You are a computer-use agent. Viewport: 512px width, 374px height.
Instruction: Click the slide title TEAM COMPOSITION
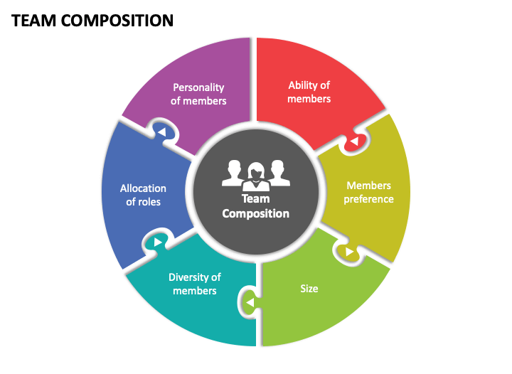(x=92, y=21)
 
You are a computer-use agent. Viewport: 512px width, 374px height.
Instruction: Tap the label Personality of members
(x=198, y=94)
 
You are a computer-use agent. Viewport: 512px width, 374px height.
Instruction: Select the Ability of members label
(x=309, y=92)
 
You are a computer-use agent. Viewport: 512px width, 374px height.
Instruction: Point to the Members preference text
(x=368, y=192)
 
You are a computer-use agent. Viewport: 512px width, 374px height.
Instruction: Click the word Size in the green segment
(x=309, y=289)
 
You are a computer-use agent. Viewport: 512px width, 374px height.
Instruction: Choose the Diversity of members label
(x=195, y=284)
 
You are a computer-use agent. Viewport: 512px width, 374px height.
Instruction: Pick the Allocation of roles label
(x=143, y=195)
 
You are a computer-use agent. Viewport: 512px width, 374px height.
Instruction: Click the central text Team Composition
(x=256, y=206)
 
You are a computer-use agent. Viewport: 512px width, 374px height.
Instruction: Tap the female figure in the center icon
(x=256, y=176)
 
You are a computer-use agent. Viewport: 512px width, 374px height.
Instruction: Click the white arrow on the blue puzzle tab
(x=162, y=132)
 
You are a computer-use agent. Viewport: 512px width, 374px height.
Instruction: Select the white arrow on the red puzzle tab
(x=354, y=141)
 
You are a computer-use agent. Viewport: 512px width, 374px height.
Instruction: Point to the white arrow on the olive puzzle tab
(x=350, y=252)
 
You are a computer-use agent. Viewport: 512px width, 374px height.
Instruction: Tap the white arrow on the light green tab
(x=250, y=302)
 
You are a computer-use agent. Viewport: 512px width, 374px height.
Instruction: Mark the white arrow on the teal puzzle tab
(x=158, y=242)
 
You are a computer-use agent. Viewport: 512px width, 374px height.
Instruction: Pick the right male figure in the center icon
(x=279, y=173)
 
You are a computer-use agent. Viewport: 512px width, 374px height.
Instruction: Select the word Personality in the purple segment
(x=198, y=87)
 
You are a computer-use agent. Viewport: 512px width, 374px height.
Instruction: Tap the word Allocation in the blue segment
(x=143, y=188)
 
